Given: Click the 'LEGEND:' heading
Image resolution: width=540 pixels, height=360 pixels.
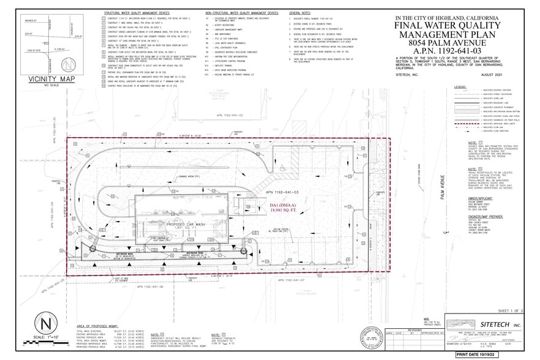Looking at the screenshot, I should point(461,88).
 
